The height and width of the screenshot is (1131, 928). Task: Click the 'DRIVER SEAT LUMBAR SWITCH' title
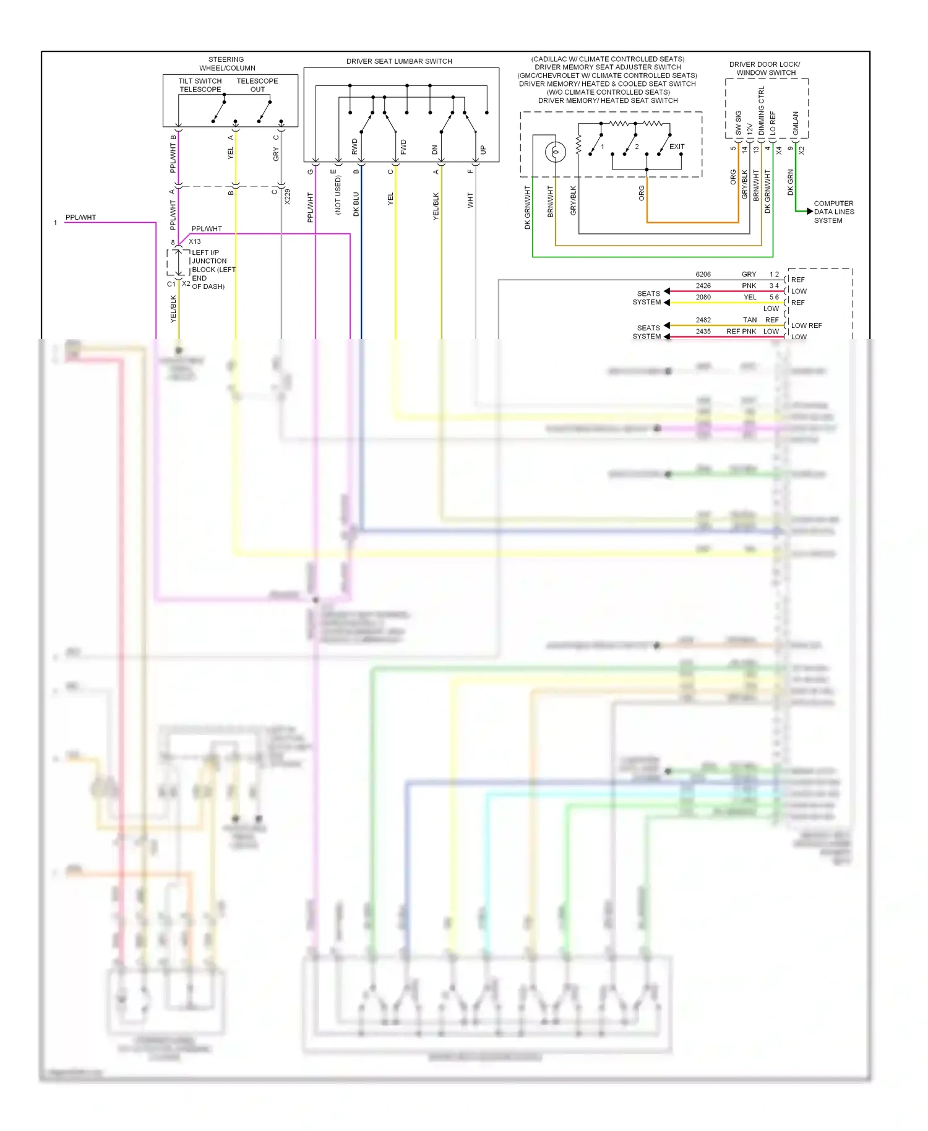399,61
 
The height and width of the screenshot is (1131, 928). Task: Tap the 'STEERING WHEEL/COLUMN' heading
226,64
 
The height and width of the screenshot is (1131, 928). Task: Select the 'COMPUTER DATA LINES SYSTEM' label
833,212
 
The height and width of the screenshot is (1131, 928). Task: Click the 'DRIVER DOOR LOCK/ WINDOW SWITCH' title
765,68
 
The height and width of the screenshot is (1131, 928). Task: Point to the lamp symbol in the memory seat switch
555,151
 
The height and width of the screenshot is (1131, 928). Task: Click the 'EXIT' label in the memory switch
677,147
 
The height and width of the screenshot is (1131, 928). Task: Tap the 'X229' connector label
288,197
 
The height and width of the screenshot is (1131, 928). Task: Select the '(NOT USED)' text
338,195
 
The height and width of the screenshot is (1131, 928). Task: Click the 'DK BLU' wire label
356,204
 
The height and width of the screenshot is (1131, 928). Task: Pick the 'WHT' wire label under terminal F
470,200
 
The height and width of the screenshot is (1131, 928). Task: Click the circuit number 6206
703,274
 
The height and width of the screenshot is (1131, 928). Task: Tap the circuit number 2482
703,320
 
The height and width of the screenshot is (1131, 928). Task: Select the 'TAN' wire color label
750,320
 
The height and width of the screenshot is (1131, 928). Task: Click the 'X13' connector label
194,241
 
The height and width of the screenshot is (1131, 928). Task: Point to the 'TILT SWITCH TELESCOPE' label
200,85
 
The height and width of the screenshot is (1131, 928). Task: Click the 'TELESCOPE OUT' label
257,85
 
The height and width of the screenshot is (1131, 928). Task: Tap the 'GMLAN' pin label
796,124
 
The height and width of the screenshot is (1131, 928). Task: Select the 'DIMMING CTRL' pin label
762,111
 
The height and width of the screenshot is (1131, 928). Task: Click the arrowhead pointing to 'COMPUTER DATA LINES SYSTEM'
809,212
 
